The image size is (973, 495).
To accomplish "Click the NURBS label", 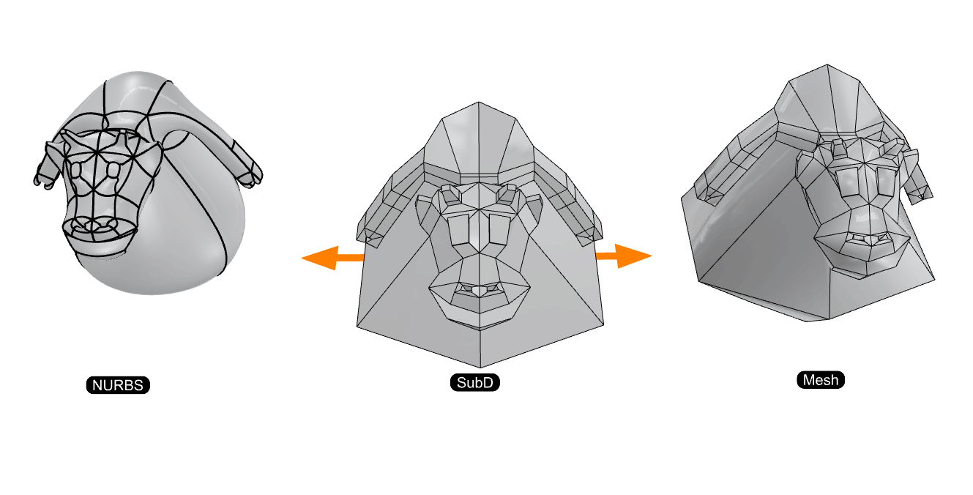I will (x=118, y=385).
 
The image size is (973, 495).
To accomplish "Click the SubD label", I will (x=475, y=383).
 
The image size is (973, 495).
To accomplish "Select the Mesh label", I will (x=820, y=380).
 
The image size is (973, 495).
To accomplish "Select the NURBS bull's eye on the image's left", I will (x=76, y=169).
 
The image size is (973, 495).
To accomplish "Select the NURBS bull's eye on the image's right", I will (x=113, y=170).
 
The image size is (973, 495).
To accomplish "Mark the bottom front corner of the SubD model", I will (x=480, y=367).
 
